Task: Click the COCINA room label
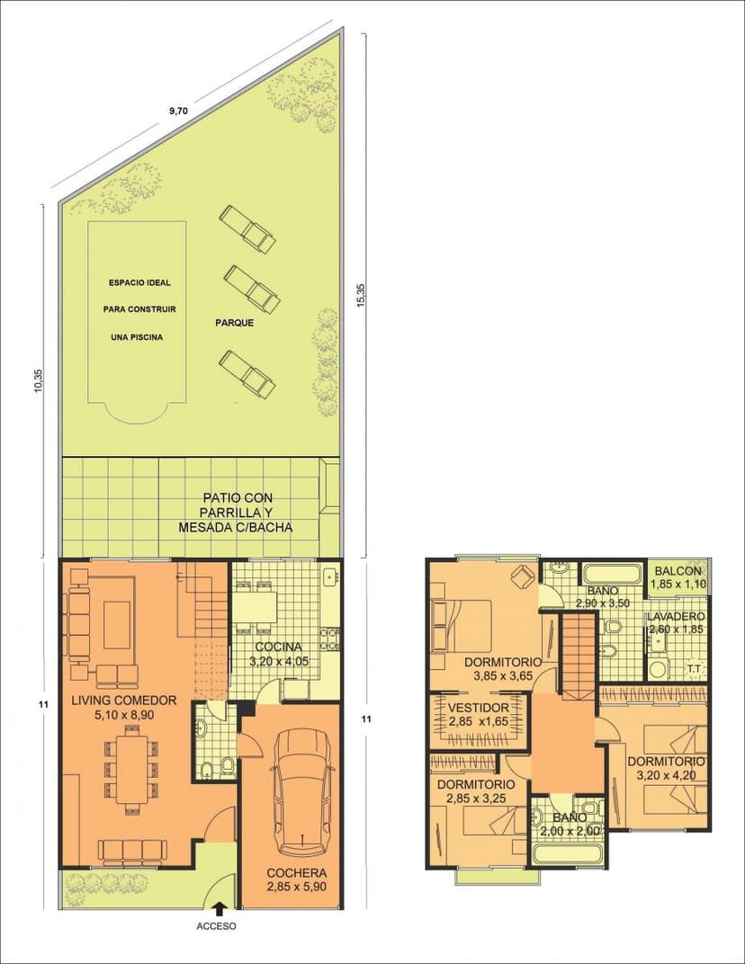point(279,647)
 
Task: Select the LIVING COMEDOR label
point(123,701)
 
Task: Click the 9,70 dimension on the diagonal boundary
point(178,112)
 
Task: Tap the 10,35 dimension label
point(39,380)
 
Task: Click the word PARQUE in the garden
point(235,323)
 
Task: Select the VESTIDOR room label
point(478,709)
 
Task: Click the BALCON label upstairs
point(678,570)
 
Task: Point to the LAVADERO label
point(676,617)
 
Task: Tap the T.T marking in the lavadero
point(695,668)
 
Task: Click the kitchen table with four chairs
point(256,606)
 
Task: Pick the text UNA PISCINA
point(137,337)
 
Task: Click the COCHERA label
point(297,873)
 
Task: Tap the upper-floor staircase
point(579,655)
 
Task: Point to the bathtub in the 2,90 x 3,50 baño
point(614,574)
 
